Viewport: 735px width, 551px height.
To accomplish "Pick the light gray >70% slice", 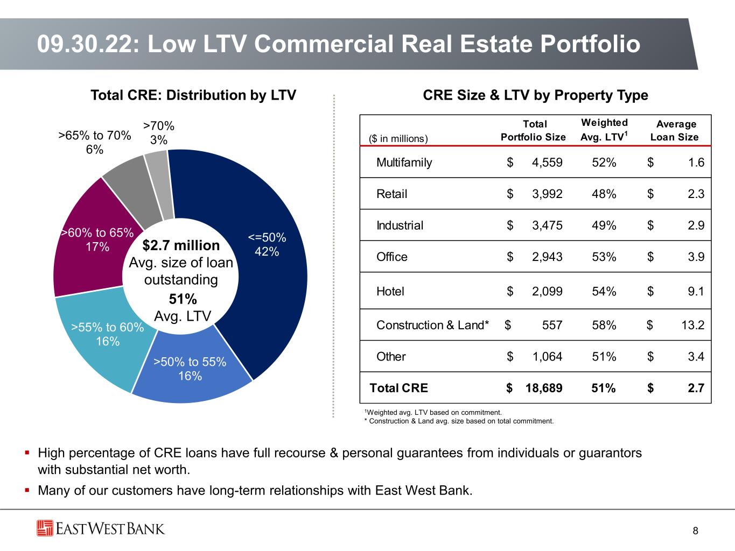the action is coord(160,184).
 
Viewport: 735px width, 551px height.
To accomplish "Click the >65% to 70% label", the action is coord(94,142).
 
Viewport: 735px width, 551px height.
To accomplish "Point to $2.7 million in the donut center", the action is coord(181,245).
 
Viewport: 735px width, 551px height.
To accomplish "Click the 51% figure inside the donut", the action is coord(183,299).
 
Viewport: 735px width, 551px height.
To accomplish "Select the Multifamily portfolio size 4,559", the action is coord(547,163).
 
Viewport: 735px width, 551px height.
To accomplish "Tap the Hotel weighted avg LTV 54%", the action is coord(604,291).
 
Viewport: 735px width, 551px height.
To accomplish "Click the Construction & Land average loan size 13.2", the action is coord(692,325).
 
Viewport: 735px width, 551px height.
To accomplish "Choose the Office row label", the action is coord(392,257).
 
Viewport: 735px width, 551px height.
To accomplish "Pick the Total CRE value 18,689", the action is coord(544,388).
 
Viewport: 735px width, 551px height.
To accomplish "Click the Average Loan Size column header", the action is coord(675,130).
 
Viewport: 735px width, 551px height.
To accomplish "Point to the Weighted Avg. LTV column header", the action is coord(604,130).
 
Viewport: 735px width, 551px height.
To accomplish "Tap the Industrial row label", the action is coord(400,225).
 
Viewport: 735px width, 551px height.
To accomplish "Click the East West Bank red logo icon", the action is coord(45,528).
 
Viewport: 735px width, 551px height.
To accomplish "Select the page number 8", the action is coord(696,531).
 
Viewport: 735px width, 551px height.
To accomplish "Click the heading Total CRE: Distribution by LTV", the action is coord(193,95).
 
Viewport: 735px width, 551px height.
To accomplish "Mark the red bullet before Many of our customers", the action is coord(27,490).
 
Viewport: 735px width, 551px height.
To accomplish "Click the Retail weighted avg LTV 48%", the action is coord(604,194).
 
